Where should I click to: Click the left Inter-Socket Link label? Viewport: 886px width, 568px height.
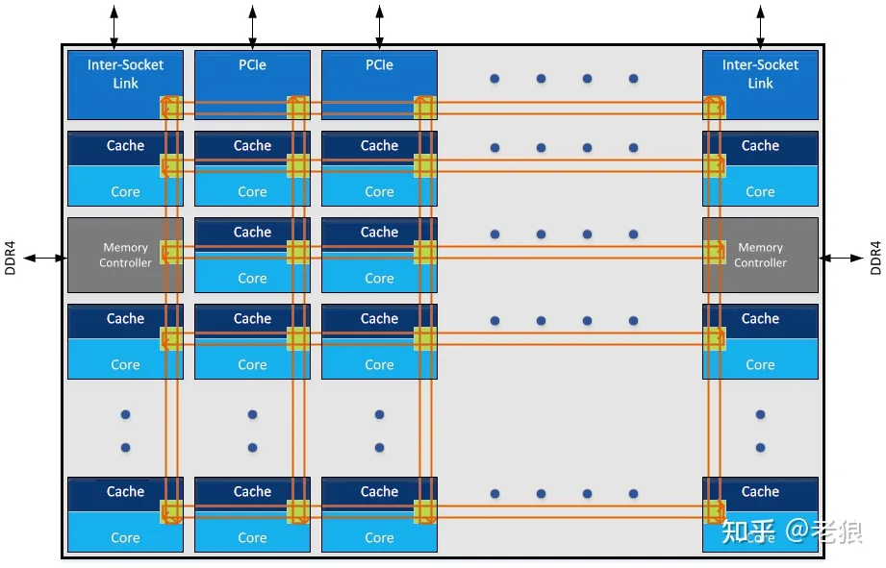(125, 74)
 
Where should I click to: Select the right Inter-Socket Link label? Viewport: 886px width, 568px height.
(760, 74)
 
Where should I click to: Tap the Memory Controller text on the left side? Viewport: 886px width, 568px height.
(125, 255)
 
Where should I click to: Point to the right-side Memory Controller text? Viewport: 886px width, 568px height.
(760, 255)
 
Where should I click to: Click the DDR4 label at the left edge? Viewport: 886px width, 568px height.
(11, 258)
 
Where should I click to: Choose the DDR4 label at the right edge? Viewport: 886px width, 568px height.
(874, 258)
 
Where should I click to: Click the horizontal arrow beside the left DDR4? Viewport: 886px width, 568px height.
(44, 258)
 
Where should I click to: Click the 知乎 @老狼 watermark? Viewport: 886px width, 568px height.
(792, 531)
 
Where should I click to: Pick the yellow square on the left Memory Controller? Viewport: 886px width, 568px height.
(171, 252)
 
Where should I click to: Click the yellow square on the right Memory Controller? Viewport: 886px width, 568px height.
(714, 252)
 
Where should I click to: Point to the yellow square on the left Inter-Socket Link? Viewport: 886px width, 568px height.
(171, 107)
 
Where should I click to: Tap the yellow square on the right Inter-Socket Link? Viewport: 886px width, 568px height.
(714, 107)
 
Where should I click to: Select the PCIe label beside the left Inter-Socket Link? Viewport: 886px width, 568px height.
(252, 64)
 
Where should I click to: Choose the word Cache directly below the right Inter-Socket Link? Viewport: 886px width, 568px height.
(760, 146)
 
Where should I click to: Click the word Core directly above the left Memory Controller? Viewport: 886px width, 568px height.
(125, 192)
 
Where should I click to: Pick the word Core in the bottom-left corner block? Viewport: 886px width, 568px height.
(125, 538)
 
